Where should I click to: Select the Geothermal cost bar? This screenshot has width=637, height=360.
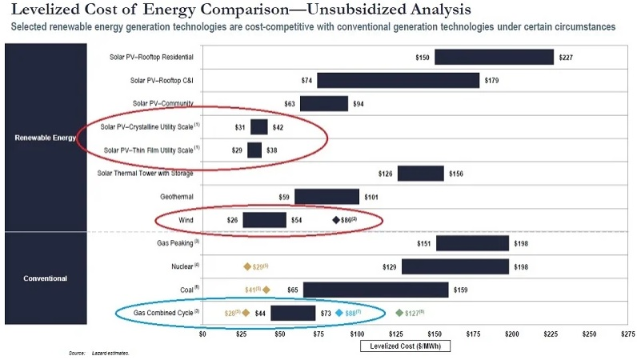coord(327,197)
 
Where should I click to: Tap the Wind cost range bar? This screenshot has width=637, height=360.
coord(264,220)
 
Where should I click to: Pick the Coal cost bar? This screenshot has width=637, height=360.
coord(375,289)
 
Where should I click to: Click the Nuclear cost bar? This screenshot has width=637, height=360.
coord(455,266)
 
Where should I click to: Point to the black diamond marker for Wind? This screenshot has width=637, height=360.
coord(337,220)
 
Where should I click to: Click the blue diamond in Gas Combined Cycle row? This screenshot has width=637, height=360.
coord(339,313)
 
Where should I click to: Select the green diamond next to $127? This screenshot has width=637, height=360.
coord(399,313)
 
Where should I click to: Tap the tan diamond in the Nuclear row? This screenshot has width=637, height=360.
coord(247,266)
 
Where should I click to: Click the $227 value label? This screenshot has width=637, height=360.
coord(567,58)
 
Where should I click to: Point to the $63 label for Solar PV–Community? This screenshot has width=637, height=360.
coord(290,104)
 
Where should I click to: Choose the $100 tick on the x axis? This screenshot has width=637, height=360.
coord(357,334)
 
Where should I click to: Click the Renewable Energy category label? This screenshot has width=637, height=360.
coord(46,138)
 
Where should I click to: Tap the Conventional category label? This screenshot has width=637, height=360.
coord(46,278)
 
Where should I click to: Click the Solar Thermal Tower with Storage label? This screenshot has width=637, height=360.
coord(144,174)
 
